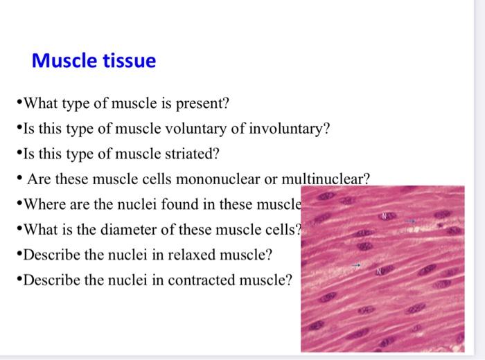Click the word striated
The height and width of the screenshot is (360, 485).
point(194,154)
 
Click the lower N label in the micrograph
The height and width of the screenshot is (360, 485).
point(378,271)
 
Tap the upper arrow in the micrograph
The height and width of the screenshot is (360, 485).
point(410,220)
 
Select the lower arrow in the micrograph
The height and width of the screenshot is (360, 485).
point(356,265)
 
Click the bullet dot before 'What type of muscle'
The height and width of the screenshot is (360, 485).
point(19,105)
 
